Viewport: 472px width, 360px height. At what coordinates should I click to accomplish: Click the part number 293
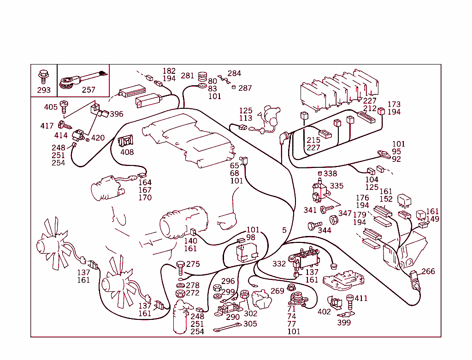(x=43, y=90)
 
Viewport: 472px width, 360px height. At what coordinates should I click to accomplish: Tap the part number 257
(x=88, y=90)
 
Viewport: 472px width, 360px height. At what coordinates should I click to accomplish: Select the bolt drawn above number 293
(x=43, y=75)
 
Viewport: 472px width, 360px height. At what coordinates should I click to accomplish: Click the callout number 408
(x=127, y=152)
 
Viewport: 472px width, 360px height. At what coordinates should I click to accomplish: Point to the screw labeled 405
(x=64, y=107)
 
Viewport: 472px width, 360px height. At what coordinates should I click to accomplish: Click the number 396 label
(x=116, y=114)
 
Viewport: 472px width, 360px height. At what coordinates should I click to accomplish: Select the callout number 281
(x=187, y=76)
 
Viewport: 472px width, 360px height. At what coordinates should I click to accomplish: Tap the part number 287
(x=245, y=88)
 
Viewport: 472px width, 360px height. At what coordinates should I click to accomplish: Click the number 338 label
(x=330, y=174)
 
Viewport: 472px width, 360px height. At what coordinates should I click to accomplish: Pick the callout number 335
(x=337, y=186)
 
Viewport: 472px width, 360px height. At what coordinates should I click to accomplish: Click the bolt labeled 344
(x=313, y=226)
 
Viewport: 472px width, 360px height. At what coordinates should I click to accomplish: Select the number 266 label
(x=428, y=271)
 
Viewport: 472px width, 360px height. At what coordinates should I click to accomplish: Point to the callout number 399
(x=344, y=323)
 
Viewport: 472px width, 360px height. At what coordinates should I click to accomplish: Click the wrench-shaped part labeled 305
(x=227, y=328)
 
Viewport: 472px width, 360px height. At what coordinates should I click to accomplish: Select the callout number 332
(x=279, y=264)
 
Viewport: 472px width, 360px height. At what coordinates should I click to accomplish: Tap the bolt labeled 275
(x=180, y=266)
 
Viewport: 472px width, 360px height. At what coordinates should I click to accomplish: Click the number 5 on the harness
(x=284, y=230)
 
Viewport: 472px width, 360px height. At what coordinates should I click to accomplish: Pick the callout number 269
(x=277, y=291)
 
